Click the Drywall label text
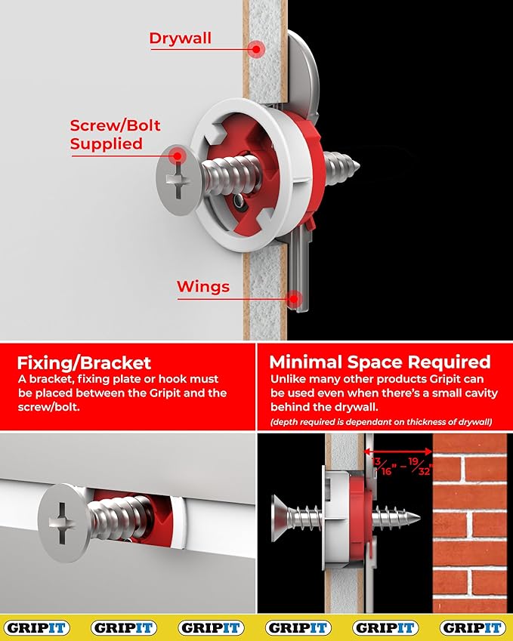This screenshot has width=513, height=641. tap(181, 38)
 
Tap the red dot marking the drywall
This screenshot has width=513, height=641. tap(256, 50)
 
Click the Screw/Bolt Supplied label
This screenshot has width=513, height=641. tap(115, 134)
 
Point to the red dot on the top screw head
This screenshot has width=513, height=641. tap(177, 156)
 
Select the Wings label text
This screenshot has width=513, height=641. tap(203, 287)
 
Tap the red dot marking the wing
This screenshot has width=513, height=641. tap(294, 298)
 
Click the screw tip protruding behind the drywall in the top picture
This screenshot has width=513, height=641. tap(357, 165)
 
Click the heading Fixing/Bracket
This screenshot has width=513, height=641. tap(84, 363)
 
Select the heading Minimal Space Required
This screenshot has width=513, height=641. tap(379, 362)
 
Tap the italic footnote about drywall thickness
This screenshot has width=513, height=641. tap(382, 422)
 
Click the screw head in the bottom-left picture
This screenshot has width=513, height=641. tap(63, 522)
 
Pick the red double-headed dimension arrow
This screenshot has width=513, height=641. tap(398, 451)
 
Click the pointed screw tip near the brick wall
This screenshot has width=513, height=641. tap(418, 518)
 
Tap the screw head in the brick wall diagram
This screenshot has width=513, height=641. tap(280, 518)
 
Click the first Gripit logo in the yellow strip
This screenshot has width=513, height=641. tap(37, 628)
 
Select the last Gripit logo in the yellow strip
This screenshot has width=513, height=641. tap(472, 628)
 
